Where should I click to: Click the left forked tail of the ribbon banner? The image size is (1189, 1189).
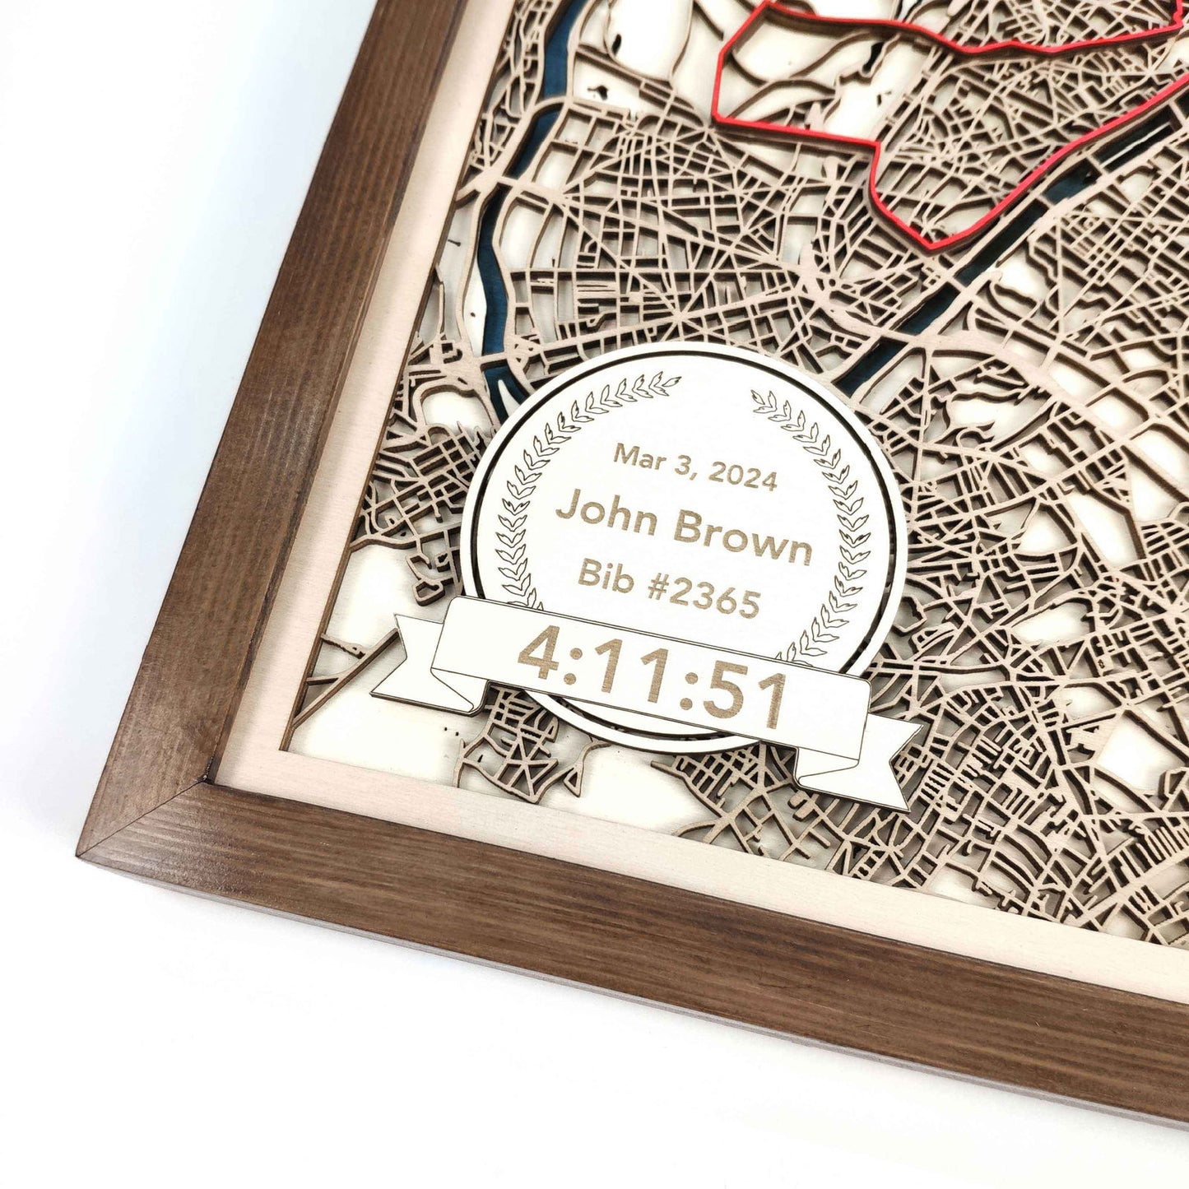(x=403, y=658)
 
